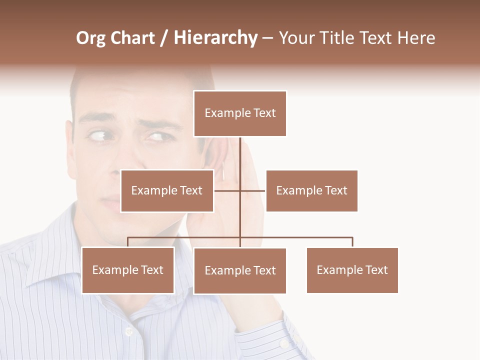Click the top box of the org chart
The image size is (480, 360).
(240, 113)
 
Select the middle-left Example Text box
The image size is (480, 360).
(167, 190)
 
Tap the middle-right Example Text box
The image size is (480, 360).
(311, 190)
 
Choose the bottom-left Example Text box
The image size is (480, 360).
(128, 270)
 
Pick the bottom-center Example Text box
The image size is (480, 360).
(240, 270)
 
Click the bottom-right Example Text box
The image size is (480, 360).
(352, 270)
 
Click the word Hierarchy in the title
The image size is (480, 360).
(215, 38)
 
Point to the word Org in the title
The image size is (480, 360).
(90, 38)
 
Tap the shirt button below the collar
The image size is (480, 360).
(128, 331)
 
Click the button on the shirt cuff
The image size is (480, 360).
(283, 344)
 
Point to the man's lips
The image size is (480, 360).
(111, 202)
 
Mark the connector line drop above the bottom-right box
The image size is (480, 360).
(352, 242)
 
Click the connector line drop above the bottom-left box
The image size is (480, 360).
(128, 242)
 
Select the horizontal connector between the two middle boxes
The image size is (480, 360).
(240, 190)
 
